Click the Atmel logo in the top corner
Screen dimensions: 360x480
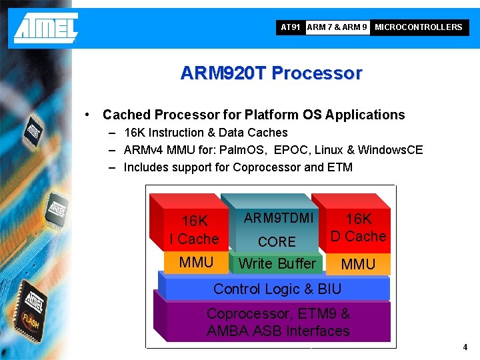46,27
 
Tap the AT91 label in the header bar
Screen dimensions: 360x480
291,27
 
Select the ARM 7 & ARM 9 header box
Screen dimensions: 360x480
337,27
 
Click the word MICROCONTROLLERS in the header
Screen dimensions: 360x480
418,27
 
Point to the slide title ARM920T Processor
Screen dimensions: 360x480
271,73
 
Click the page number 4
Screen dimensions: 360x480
465,347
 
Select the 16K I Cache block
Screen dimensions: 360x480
194,229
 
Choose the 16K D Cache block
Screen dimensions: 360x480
358,227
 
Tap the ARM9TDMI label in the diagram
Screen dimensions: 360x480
278,218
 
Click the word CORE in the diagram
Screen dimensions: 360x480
277,241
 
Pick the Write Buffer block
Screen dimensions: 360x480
277,264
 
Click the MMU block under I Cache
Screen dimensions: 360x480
196,262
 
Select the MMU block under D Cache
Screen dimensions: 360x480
358,265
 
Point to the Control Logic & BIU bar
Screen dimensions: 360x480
277,289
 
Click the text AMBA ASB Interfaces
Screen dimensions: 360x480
278,331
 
